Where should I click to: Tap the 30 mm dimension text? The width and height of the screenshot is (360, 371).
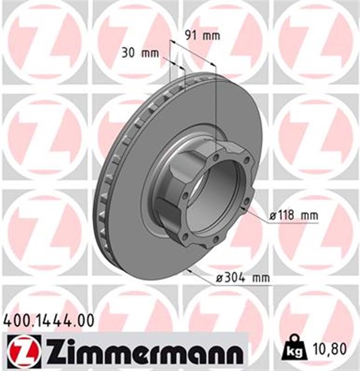tap(140, 53)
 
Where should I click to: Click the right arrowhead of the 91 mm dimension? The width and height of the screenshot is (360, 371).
tap(214, 65)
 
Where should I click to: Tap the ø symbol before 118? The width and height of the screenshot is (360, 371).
tap(272, 216)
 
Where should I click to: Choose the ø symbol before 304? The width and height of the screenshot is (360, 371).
tap(217, 278)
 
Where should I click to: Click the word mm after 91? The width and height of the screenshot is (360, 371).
tap(212, 35)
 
